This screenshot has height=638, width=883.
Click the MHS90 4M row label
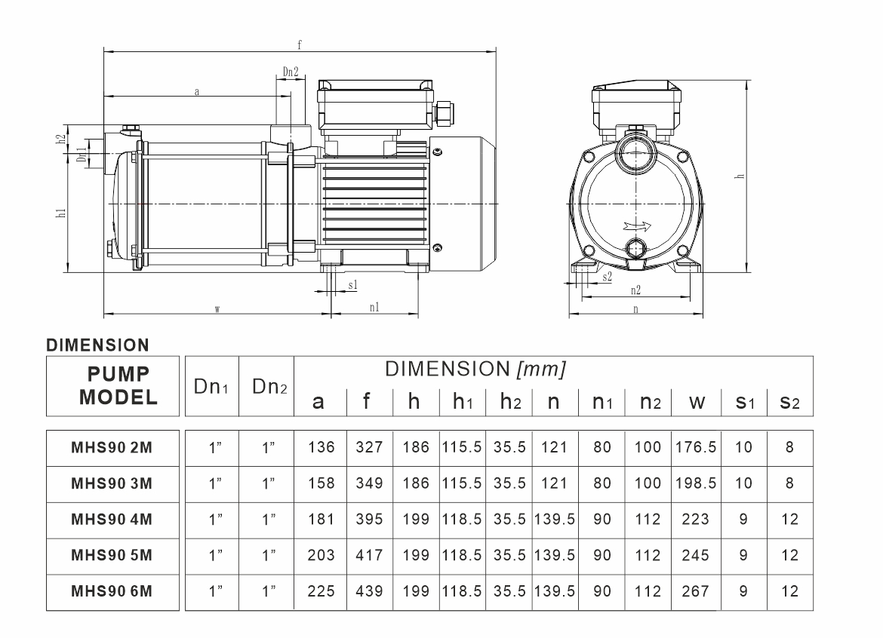tap(112, 520)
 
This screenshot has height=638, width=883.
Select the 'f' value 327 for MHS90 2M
tap(369, 447)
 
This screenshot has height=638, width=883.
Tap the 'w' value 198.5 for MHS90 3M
tap(696, 483)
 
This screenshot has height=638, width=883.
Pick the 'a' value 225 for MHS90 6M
tap(321, 591)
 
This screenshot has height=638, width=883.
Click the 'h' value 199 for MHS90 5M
tap(416, 555)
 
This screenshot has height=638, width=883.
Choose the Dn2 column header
tap(269, 387)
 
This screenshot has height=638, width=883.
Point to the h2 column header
tap(511, 402)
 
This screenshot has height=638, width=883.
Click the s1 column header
tap(745, 402)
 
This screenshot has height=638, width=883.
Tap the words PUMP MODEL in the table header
tap(118, 386)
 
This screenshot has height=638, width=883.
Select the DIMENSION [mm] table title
tap(475, 369)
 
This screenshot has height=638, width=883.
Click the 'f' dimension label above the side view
tap(300, 45)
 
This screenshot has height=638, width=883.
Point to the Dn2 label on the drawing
tap(291, 72)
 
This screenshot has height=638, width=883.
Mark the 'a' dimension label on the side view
tap(196, 92)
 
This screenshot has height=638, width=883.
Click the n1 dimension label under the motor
tap(374, 307)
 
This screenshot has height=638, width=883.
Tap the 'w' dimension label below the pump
tap(217, 309)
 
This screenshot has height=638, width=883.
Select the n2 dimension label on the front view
tap(635, 290)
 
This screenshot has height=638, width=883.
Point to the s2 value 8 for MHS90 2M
tap(789, 447)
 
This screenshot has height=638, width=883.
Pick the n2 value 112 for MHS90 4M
tap(648, 520)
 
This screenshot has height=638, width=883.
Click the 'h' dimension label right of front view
tap(740, 176)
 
